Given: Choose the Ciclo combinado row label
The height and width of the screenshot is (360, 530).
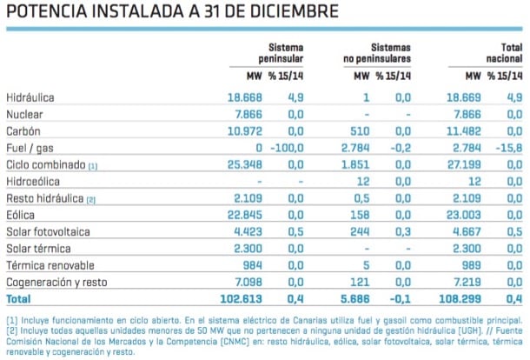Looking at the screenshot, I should click(45, 165).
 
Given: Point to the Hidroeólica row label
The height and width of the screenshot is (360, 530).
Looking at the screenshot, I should click(34, 182).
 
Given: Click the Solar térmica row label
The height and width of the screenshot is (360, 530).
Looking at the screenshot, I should click(38, 249).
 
